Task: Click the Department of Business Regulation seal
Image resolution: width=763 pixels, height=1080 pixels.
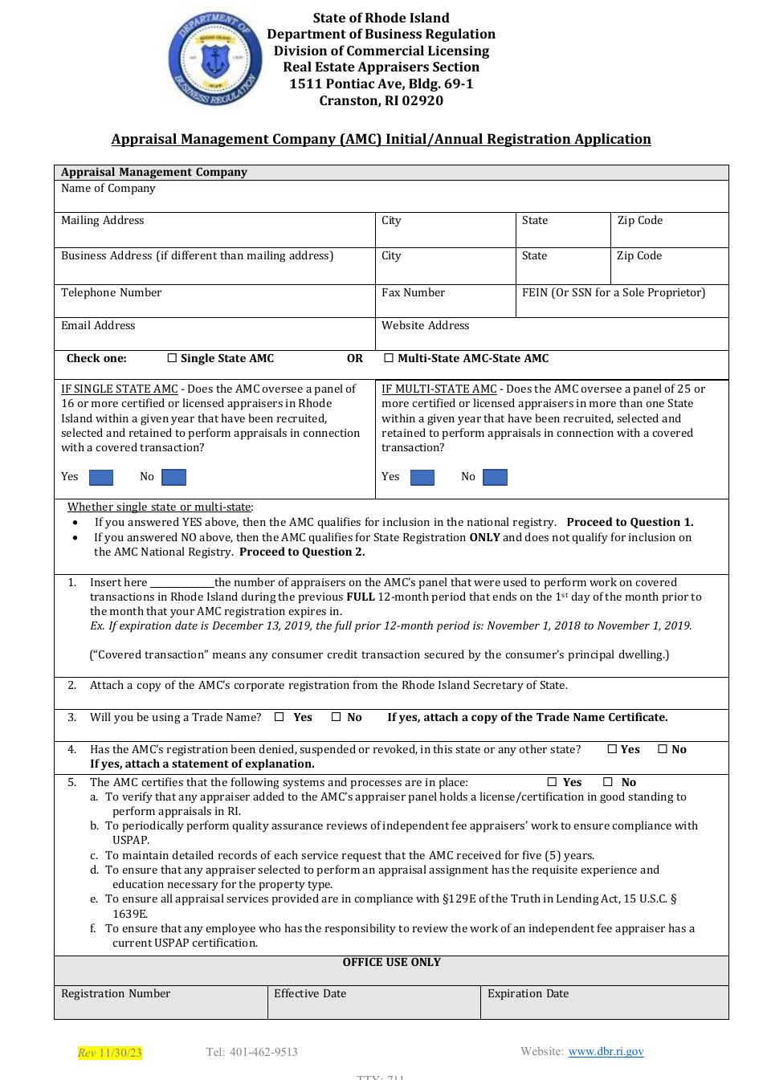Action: coord(214,59)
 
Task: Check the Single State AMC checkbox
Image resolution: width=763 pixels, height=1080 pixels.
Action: coord(172,358)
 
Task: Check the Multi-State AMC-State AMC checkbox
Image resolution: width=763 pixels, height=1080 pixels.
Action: coord(389,358)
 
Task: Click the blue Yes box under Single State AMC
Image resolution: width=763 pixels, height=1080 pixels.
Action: coord(101,478)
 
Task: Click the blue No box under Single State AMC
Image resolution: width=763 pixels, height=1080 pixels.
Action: coord(173,478)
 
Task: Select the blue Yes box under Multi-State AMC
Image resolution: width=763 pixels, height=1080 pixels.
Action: coord(422,478)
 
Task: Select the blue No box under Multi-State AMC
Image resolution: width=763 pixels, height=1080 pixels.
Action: coord(495,478)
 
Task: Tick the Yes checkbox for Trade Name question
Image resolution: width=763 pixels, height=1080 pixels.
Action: coord(279,717)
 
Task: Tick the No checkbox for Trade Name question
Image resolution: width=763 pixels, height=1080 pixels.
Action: coord(337,717)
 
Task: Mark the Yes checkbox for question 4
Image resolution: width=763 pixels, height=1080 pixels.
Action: coord(613,749)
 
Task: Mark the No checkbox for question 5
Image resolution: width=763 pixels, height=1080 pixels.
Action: coord(608,782)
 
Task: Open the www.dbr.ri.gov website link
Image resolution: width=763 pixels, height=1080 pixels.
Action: coord(606,1051)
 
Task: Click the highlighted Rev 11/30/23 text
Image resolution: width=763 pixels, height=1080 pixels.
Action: coord(110,1053)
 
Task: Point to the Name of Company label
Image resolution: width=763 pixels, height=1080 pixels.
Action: coord(108,188)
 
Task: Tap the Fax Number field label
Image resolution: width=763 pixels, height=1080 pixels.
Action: coord(413,292)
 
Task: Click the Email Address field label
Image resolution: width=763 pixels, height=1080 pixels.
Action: coord(98,325)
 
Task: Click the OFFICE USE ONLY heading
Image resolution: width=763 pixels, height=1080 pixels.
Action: coord(391,962)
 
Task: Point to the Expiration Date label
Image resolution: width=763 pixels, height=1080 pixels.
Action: coord(528,993)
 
